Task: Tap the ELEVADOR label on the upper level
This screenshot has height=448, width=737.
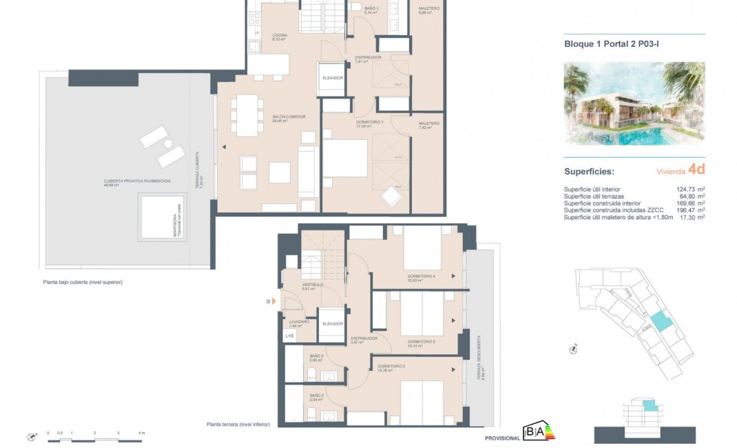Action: [x=333, y=78]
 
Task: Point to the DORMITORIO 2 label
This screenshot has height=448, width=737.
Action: [x=390, y=366]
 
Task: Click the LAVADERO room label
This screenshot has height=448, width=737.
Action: [x=299, y=322]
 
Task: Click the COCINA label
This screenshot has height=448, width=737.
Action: [x=279, y=35]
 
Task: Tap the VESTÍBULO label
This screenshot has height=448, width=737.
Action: [x=313, y=285]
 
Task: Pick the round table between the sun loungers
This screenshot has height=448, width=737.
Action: [x=167, y=144]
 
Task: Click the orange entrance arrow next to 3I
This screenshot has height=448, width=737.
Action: [x=274, y=301]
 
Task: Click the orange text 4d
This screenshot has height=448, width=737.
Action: [x=696, y=168]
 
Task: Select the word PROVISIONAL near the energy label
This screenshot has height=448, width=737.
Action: [x=503, y=438]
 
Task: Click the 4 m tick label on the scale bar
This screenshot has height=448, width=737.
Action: [x=141, y=433]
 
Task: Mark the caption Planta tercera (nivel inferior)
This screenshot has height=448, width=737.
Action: [x=238, y=425]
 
